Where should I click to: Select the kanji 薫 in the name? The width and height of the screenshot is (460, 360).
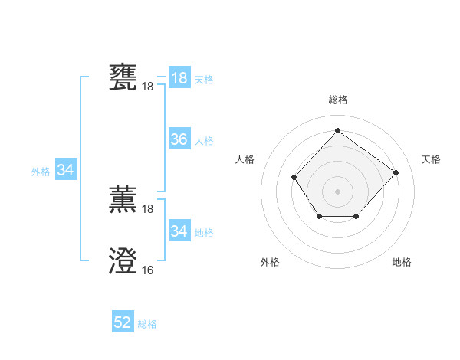coord(123,200)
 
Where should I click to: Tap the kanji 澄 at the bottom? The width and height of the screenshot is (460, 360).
coord(123,261)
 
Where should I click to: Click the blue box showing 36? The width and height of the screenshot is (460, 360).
coord(179,139)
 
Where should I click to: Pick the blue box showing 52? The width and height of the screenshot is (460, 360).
coord(123,323)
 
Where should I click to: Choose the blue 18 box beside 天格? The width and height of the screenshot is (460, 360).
coord(179,78)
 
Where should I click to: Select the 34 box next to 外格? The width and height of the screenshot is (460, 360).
coord(66,170)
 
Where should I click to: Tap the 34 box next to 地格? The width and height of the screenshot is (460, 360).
coord(179,231)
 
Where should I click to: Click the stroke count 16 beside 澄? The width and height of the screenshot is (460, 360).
coord(147,270)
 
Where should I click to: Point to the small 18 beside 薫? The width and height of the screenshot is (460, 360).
coord(147,209)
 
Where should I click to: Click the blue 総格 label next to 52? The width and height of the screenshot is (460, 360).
coord(147,324)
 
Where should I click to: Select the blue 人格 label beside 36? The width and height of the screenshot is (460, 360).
coord(204,141)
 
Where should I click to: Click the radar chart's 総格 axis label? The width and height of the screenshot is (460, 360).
coord(337,100)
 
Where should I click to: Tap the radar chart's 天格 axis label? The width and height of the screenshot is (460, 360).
coord(431,159)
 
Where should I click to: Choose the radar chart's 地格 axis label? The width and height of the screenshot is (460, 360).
coord(402,262)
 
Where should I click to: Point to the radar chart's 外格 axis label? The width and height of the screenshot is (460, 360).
coord(270,262)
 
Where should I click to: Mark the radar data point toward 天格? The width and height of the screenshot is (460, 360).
coord(396,172)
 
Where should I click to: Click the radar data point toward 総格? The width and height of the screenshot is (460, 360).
coord(337,130)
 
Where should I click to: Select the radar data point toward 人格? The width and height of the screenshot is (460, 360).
coord(294,177)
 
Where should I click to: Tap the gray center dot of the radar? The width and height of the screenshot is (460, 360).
coord(337,191)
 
